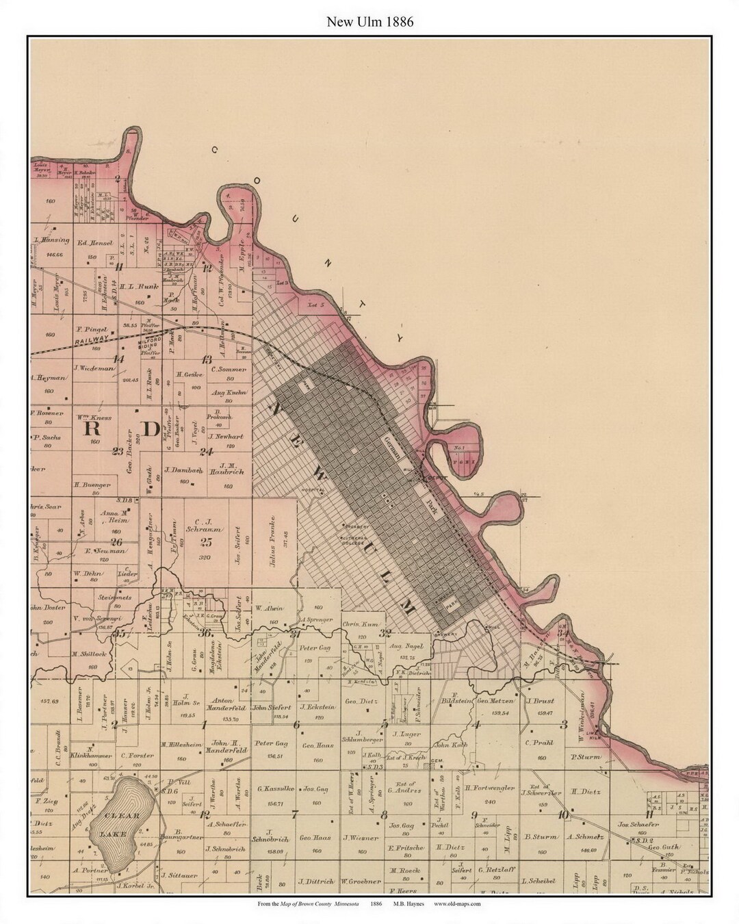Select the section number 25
coord(206,542)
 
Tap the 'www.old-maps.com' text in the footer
coord(457,903)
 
